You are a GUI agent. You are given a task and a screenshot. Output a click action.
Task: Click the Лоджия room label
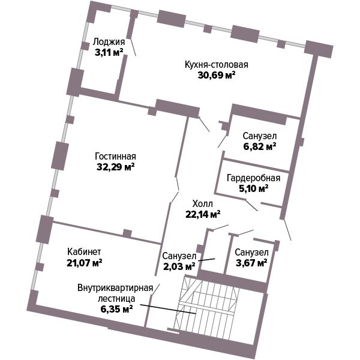point(109,42)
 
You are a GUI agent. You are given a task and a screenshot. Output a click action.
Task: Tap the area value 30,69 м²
point(217,75)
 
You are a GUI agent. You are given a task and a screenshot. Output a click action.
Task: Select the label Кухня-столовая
point(217,65)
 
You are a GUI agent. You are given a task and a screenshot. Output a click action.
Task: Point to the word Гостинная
point(115,157)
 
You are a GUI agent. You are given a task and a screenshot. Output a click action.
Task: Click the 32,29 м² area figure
point(115,167)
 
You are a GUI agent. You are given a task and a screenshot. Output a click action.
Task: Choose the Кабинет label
point(84,252)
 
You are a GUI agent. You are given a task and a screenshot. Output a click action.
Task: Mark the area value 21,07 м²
point(84,263)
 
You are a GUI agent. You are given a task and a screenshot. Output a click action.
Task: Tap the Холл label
point(203,203)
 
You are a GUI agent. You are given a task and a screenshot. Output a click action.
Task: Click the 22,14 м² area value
point(203,214)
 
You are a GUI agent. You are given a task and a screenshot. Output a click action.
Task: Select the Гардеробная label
point(253,178)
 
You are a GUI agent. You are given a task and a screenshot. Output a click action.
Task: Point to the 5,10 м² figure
point(253,189)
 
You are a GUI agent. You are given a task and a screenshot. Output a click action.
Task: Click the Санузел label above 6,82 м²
point(260,136)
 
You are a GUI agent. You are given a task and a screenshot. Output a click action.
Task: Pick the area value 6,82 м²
point(260,146)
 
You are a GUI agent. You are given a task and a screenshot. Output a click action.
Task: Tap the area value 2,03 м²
point(179,266)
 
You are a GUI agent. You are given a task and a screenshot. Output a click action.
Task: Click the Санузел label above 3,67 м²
point(251,253)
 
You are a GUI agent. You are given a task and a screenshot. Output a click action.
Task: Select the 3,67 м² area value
point(251,263)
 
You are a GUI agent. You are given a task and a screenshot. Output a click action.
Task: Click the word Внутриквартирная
point(115,288)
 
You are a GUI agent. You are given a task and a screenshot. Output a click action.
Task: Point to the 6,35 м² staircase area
point(116,309)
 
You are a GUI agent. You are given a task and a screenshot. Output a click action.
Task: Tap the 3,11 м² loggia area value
point(109,52)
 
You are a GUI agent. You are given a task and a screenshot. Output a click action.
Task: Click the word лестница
point(116,299)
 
